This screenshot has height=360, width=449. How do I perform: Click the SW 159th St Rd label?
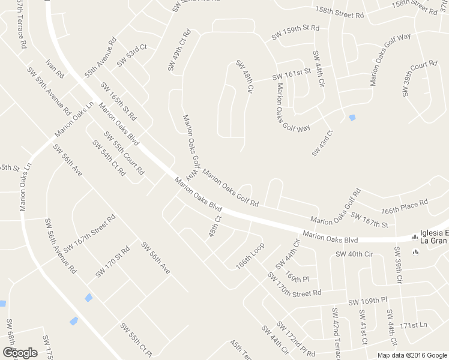(x=295, y=32)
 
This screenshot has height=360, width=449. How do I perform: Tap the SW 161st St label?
(x=292, y=74)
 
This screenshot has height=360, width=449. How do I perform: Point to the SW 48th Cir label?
(x=244, y=76)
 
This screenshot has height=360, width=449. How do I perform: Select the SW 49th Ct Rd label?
(x=179, y=50)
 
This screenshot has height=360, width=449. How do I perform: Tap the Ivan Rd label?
(x=55, y=68)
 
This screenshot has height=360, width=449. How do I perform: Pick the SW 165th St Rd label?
(x=118, y=100)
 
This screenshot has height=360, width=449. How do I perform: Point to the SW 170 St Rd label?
(x=112, y=262)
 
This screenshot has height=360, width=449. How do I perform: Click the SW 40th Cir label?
(x=354, y=254)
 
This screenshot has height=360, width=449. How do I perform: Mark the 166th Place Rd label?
(x=405, y=207)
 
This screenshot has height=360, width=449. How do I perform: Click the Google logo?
(x=20, y=353)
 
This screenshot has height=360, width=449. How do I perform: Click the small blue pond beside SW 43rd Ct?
(x=352, y=118)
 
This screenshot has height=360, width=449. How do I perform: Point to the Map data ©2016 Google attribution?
(x=412, y=355)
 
